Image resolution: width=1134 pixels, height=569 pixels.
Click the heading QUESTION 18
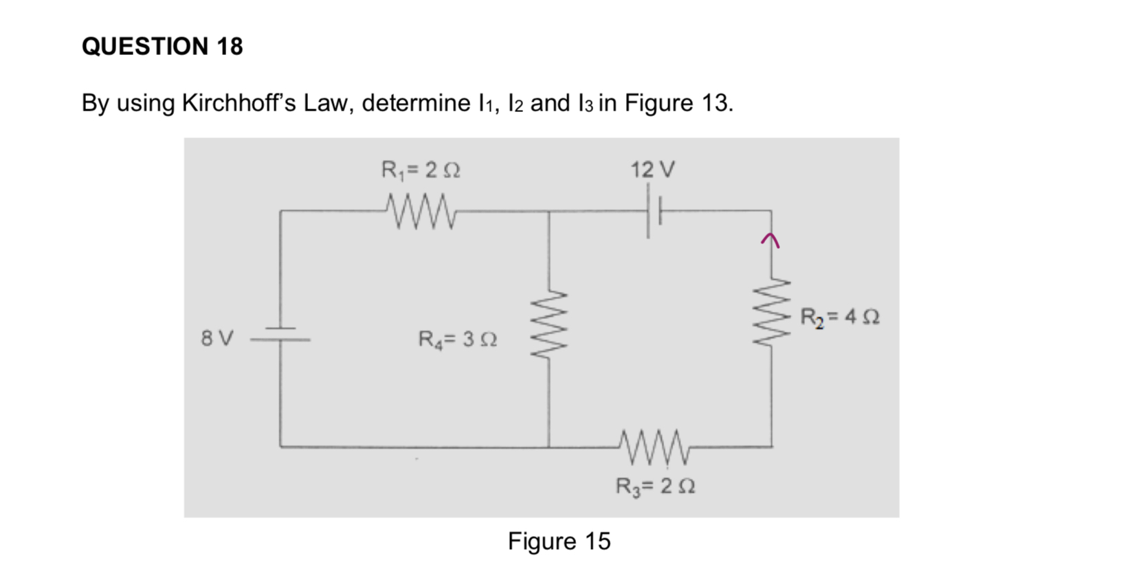(x=162, y=46)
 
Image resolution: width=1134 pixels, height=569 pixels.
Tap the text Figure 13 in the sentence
(x=678, y=103)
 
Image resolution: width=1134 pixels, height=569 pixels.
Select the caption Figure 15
(x=559, y=542)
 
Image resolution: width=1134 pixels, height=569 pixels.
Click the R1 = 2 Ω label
(x=421, y=169)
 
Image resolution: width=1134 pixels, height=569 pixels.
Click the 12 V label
(x=653, y=169)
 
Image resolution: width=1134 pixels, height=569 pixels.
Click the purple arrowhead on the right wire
(x=770, y=239)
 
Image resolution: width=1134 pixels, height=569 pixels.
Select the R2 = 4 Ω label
(x=840, y=317)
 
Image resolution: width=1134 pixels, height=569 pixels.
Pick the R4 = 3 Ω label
(x=457, y=339)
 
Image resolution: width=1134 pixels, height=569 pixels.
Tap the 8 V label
(x=217, y=339)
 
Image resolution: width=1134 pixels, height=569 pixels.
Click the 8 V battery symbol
(x=280, y=335)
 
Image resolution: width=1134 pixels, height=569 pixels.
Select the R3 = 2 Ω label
(x=655, y=487)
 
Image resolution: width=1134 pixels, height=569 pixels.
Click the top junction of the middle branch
(x=548, y=211)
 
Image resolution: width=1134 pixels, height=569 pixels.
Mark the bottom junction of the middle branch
(x=548, y=447)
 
